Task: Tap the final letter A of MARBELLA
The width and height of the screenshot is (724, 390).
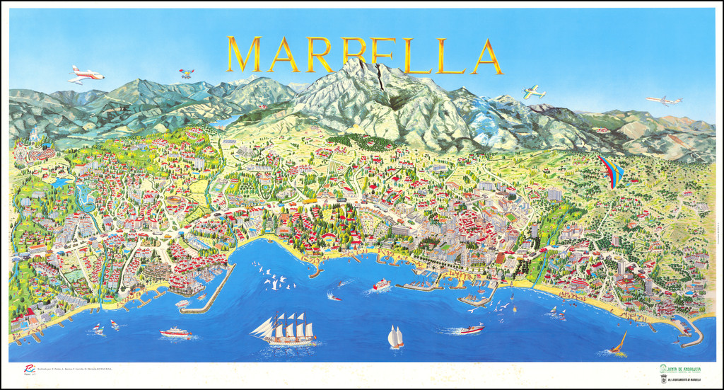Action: pos(486,57)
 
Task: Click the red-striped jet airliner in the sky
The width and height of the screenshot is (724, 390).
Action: pos(86,74)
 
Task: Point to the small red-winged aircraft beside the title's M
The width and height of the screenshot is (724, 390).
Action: pos(186,73)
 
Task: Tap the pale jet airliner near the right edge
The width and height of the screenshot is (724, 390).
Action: pos(663,101)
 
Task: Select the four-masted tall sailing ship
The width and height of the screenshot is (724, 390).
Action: pos(284,329)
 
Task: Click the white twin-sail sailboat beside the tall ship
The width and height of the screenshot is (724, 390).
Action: pos(395,337)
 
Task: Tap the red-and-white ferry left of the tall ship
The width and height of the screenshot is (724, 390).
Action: pos(175,332)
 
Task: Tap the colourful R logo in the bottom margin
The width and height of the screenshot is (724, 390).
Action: pos(29,369)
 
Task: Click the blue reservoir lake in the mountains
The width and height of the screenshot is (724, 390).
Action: pos(225,121)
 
